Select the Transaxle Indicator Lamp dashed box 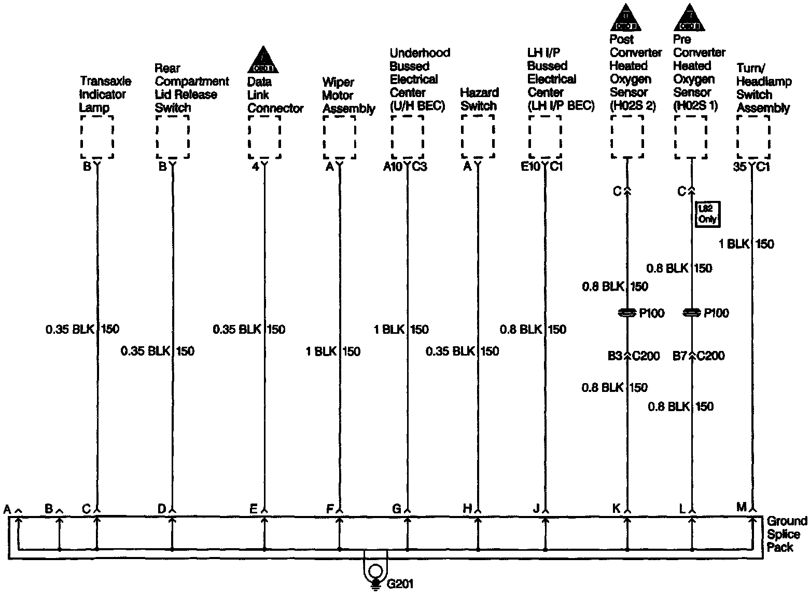point(96,137)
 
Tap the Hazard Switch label point(479,99)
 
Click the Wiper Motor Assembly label point(348,96)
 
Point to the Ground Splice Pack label point(786,534)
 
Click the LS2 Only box point(707,213)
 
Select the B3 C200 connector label point(633,356)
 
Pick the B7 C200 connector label point(698,356)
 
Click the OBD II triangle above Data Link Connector point(263,60)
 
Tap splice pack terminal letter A point(7,509)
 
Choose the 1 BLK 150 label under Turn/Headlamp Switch point(746,244)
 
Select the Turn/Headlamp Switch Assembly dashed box point(753,137)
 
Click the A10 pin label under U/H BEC point(393,167)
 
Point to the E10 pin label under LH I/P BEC point(530,167)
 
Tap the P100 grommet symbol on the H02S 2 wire point(627,313)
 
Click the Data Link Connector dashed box point(264,137)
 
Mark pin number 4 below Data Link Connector point(255,167)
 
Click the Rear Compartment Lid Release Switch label point(191,88)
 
